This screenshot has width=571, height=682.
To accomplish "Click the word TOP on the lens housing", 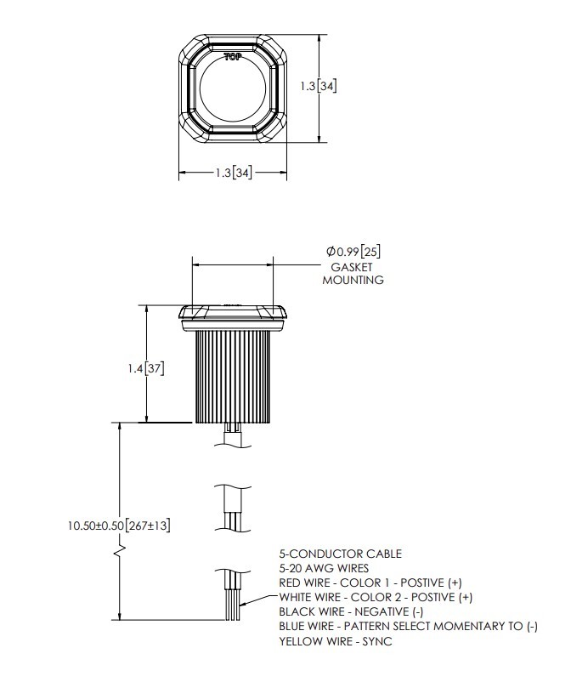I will [x=232, y=57].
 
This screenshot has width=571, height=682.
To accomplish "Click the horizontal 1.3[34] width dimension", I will [x=233, y=173].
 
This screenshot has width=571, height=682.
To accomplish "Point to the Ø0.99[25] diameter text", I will [x=353, y=253].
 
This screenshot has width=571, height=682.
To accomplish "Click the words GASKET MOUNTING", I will [x=353, y=273].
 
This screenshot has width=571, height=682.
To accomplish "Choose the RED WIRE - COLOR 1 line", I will [x=370, y=583].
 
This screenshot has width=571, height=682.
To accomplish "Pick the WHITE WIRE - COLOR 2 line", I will [x=375, y=597].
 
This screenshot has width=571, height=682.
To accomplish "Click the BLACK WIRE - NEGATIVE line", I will [x=350, y=612].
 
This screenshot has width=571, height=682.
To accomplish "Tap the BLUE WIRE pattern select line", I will [x=408, y=627].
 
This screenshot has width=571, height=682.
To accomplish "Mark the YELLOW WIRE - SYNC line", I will [x=335, y=641].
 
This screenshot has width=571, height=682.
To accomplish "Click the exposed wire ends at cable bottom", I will [x=233, y=605].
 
